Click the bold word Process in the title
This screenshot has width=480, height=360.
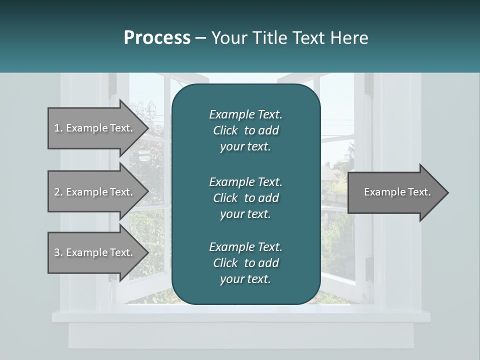click(157, 38)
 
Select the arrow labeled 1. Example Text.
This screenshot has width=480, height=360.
click(95, 128)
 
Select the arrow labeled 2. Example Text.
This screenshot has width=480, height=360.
click(95, 192)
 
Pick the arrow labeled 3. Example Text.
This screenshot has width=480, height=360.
click(95, 252)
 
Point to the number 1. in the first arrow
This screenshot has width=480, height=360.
click(58, 128)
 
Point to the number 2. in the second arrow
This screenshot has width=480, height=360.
click(58, 192)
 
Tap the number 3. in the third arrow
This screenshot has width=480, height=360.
click(58, 252)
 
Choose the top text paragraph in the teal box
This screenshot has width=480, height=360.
click(245, 130)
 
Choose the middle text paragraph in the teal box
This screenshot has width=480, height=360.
click(245, 197)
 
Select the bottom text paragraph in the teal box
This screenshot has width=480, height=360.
click(245, 263)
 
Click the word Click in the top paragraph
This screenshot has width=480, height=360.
click(225, 130)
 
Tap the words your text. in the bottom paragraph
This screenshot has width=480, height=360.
click(245, 279)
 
